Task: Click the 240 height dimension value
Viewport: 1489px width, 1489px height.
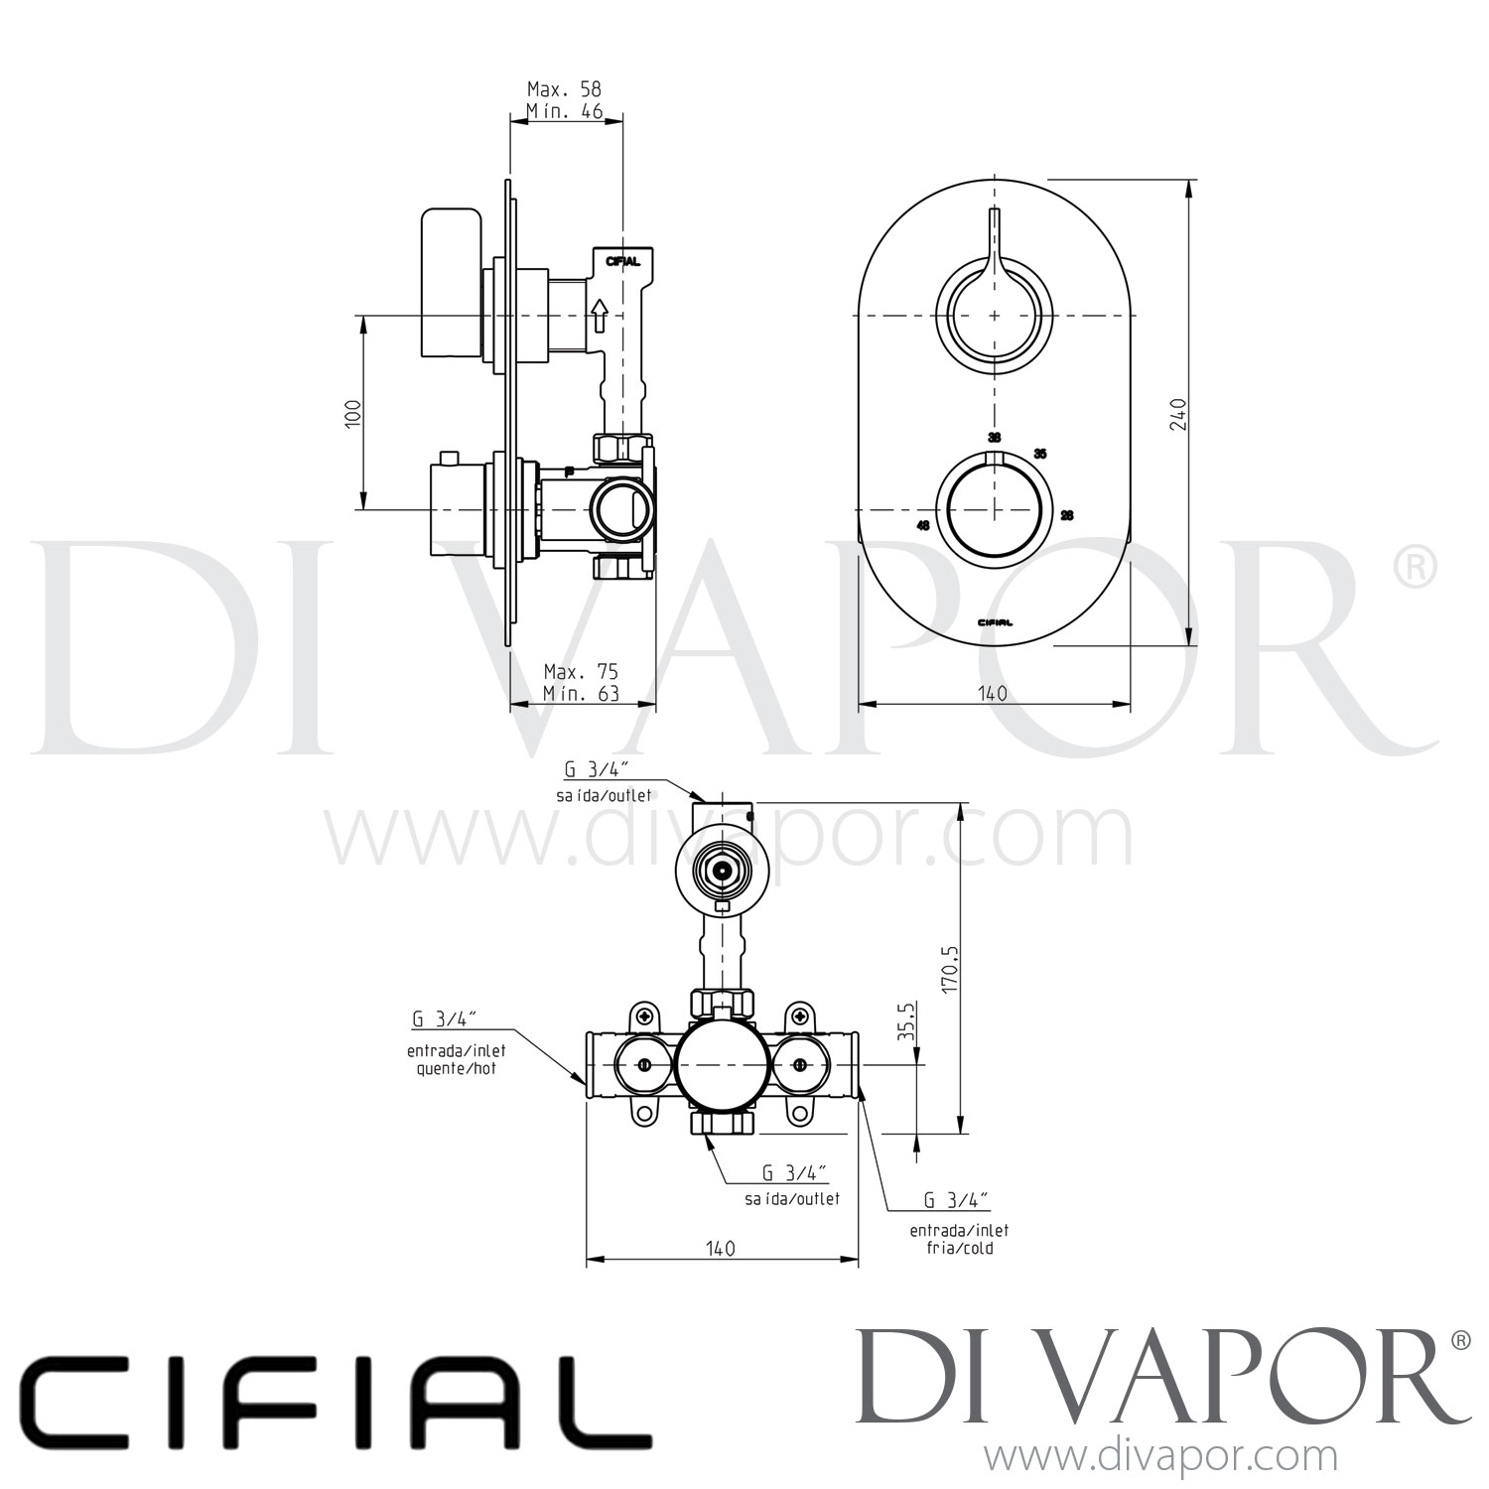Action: tap(1177, 413)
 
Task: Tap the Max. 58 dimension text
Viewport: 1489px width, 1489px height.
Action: tap(564, 89)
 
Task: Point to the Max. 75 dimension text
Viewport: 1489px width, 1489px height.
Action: tap(581, 672)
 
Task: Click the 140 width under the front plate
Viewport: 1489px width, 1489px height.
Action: tap(993, 693)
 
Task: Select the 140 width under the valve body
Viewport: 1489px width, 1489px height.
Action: tap(722, 1248)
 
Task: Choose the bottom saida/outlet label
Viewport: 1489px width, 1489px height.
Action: tap(792, 1198)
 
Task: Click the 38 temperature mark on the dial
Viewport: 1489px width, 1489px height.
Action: tap(994, 437)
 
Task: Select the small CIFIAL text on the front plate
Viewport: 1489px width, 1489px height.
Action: tap(994, 622)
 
